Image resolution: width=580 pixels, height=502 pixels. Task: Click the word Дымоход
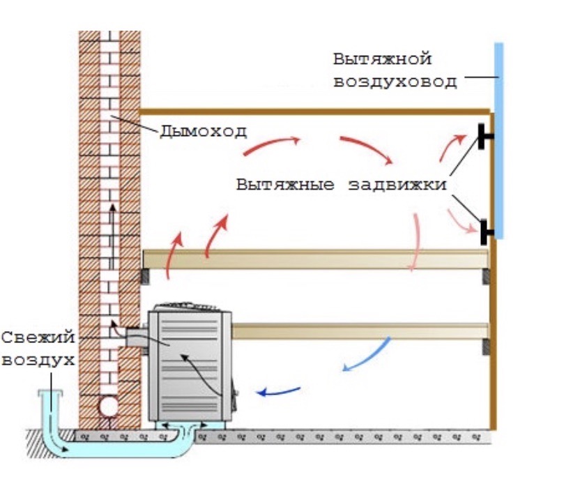pos(203,131)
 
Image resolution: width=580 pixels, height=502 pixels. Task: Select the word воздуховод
pos(395,82)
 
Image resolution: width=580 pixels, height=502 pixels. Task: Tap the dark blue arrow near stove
pos(278,391)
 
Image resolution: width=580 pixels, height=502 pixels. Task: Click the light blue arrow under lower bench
pos(366,355)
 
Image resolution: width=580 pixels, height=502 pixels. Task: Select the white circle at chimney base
pos(109,406)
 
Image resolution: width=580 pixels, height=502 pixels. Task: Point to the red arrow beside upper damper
pos(450,148)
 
